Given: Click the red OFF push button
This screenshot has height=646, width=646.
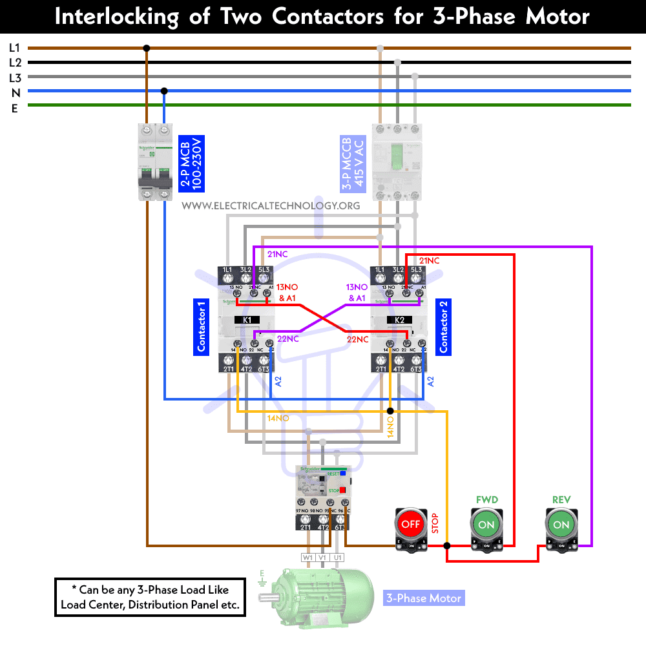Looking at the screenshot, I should [x=411, y=524].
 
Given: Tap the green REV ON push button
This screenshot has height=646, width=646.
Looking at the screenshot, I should [x=561, y=524].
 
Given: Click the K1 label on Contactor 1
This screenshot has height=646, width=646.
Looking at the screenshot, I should [x=247, y=320].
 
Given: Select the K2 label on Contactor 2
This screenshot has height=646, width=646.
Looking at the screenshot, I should [x=399, y=320].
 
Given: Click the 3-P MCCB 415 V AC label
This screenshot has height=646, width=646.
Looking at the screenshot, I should [x=351, y=165].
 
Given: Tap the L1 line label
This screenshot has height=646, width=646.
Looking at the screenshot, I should [x=14, y=48].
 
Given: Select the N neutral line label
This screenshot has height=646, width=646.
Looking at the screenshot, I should [x=15, y=92].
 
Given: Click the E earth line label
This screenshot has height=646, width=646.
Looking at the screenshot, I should [x=14, y=108].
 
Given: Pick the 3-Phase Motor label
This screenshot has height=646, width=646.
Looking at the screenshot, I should [x=424, y=598].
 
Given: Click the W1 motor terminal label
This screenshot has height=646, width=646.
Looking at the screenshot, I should [x=307, y=557].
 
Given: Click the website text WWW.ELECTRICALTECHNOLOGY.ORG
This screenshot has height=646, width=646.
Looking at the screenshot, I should [x=271, y=205].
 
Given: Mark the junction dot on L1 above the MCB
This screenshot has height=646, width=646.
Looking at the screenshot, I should [x=147, y=48].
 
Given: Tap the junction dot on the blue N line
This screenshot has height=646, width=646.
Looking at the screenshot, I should [x=164, y=91].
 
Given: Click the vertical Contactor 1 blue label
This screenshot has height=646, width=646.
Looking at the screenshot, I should [x=201, y=326].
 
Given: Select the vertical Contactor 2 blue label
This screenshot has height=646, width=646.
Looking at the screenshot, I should [x=444, y=326].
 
